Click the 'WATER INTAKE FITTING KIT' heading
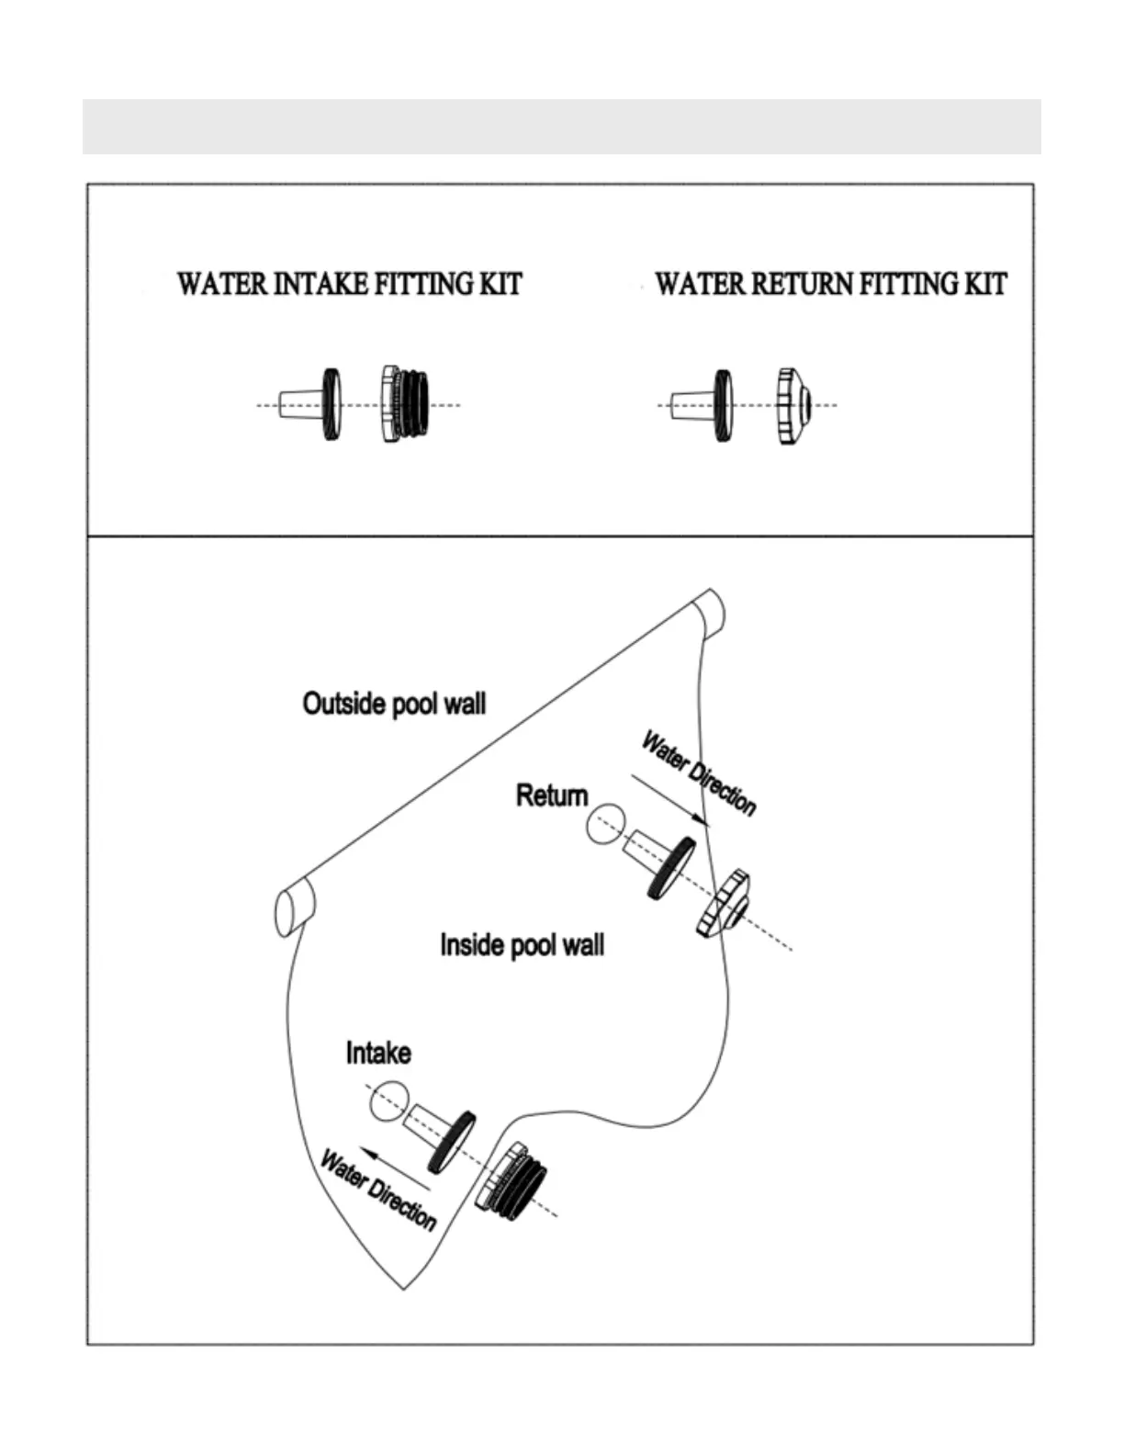click(349, 284)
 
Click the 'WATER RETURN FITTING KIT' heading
click(830, 284)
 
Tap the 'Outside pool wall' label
click(394, 705)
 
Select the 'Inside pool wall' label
click(522, 945)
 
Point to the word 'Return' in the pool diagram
click(551, 795)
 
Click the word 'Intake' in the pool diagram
click(378, 1053)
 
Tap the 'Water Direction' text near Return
click(699, 773)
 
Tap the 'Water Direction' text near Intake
click(377, 1190)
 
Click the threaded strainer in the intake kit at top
click(405, 404)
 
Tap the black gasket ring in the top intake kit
click(331, 404)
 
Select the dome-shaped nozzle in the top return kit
click(792, 405)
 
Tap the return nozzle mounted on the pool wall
click(724, 904)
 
